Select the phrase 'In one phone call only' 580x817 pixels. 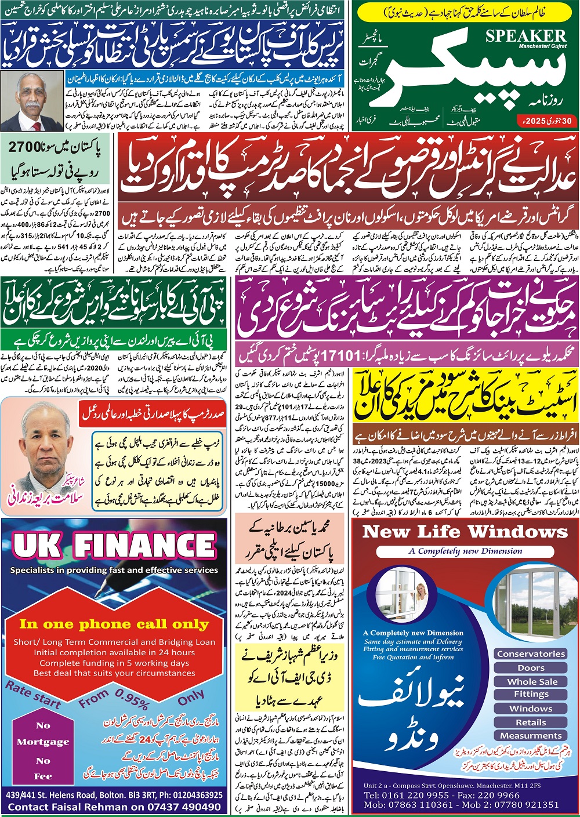pyautogui.click(x=114, y=624)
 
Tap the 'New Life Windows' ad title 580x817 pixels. pyautogui.click(x=465, y=532)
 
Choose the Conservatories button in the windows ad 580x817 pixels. pyautogui.click(x=531, y=653)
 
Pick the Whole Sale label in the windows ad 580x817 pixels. pyautogui.click(x=532, y=681)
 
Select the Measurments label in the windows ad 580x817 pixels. pyautogui.click(x=530, y=735)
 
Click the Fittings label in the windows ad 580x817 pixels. pyautogui.click(x=531, y=694)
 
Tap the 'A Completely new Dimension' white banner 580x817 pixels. pyautogui.click(x=465, y=551)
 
